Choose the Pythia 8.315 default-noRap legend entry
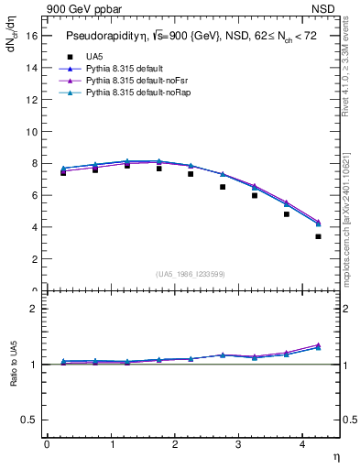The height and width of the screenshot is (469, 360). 127,93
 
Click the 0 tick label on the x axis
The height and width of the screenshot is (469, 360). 47,444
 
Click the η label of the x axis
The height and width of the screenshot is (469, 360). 335,456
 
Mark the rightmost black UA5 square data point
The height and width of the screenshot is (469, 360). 318,236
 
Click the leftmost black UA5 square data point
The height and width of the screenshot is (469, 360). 63,172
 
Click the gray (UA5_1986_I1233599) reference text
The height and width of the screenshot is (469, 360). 191,274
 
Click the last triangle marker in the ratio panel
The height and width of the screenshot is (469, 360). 318,345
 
